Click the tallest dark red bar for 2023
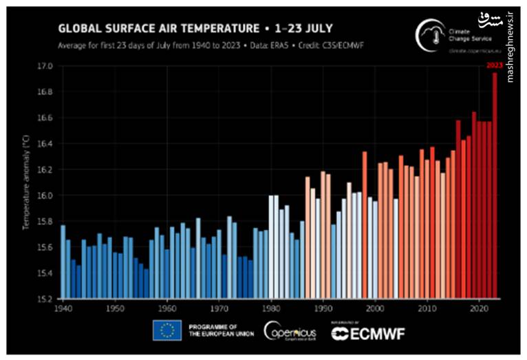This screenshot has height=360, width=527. [494, 186]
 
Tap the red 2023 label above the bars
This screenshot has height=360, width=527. [494, 65]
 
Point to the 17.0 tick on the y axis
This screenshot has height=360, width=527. [45, 66]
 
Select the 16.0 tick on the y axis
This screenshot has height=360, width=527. [45, 195]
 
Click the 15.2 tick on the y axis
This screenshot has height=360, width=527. [45, 299]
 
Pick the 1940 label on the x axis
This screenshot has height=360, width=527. [63, 309]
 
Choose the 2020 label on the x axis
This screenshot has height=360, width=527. [479, 309]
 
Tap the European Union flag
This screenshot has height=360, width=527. [166, 330]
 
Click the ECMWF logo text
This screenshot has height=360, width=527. [363, 335]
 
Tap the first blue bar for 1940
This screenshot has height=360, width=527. [63, 262]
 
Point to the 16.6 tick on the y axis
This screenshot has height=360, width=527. [45, 118]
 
